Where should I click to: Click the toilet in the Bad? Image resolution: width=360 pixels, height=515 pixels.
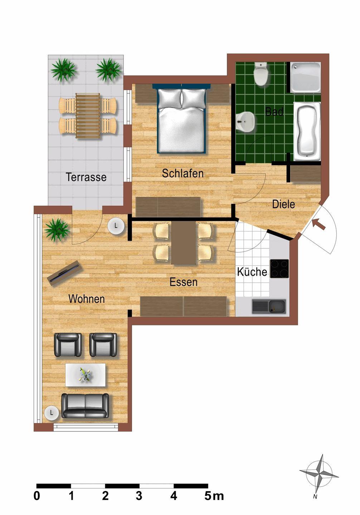coord(261,74)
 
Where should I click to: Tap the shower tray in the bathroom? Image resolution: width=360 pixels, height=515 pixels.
coord(305,78)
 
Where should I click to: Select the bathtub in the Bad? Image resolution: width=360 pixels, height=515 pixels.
coord(307,132)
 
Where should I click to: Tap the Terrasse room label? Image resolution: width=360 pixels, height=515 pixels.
coord(86,177)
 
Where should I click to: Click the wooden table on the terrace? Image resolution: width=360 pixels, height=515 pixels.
coord(88,116)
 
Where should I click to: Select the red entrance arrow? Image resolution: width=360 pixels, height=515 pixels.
coord(319,224)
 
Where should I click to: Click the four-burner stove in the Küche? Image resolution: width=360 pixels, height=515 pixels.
coord(279,269)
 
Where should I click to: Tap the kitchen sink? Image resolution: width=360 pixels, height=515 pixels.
coord(269,306)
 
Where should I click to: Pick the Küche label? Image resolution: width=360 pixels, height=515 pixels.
coord(252,272)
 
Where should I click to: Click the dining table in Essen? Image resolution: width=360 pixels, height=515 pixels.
coord(183,242)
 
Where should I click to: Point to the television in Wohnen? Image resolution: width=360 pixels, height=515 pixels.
coord(64,273)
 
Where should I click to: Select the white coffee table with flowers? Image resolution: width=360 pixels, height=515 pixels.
coord(85,375)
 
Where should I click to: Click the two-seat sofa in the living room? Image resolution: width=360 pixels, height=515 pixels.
coord(85,406)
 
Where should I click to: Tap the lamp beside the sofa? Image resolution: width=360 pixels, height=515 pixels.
coord(52,413)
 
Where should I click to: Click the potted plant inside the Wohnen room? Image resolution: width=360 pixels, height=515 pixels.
coord(57,229)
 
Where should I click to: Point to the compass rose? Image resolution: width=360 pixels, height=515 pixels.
coord(319,474)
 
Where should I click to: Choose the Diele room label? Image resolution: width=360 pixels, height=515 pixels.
coord(283,204)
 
